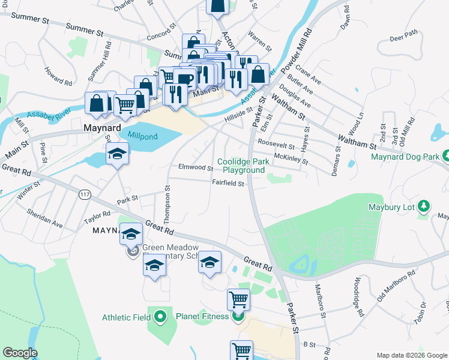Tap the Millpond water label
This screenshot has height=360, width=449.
coord(142,137)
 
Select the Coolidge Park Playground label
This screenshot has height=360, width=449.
coord(241,166)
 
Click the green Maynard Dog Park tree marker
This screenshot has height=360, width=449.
coord(446,157)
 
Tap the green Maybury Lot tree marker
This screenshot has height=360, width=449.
coord(424,207)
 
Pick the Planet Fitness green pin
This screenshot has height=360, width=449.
coord(238,316)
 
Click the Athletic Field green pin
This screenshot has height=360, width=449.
coord(160,316)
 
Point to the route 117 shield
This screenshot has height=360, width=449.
coord(83,194)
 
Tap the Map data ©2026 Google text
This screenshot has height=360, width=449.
coord(411,355)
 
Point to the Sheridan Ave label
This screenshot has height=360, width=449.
coord(44,217)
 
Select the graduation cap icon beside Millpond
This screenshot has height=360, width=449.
coord(118,154)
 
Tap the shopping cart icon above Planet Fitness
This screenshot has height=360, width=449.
coord(238,298)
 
